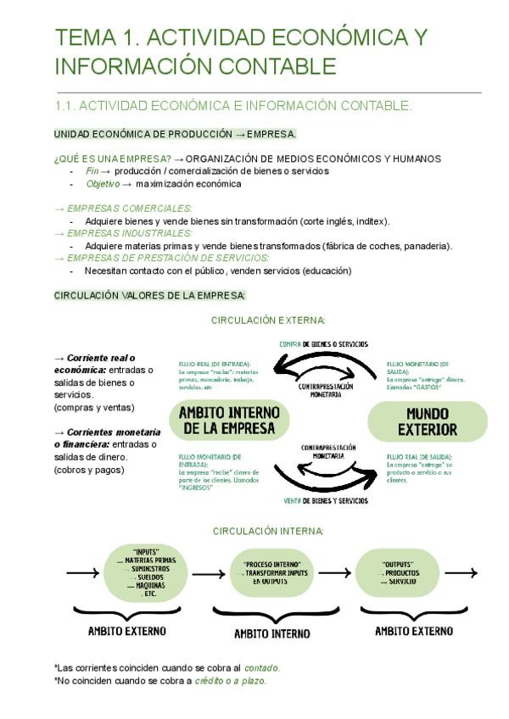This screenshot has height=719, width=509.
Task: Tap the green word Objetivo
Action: pyautogui.click(x=103, y=183)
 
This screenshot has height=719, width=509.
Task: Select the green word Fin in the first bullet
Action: pyautogui.click(x=92, y=171)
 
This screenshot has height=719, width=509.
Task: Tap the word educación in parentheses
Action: pyautogui.click(x=325, y=270)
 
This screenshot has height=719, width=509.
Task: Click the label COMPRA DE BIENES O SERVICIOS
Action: pyautogui.click(x=324, y=344)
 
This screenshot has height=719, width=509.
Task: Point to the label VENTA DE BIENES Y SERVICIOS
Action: pyautogui.click(x=327, y=501)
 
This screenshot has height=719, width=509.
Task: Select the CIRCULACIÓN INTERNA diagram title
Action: pyautogui.click(x=267, y=531)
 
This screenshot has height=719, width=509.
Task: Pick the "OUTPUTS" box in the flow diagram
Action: pyautogui.click(x=398, y=572)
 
